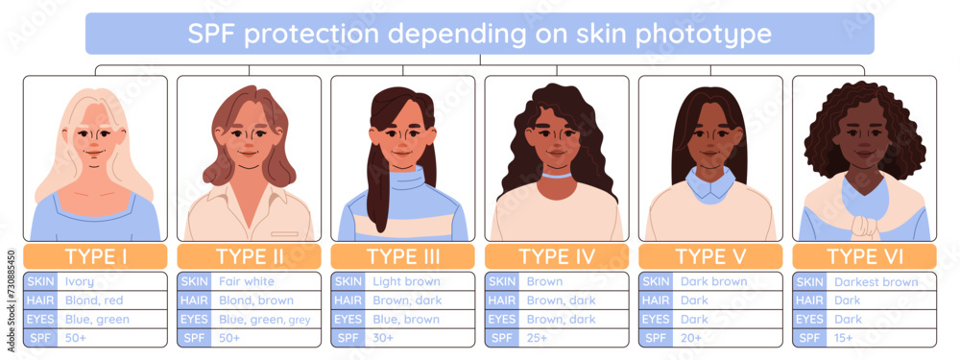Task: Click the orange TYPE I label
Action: point(95,256)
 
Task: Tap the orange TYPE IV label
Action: point(557,256)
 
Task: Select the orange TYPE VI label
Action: point(864,256)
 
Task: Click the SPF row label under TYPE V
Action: point(656,338)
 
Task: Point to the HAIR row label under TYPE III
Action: point(348,300)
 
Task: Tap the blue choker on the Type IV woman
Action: point(554,177)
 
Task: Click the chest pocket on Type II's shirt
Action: point(284,233)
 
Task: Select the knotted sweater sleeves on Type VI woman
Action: point(864,227)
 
